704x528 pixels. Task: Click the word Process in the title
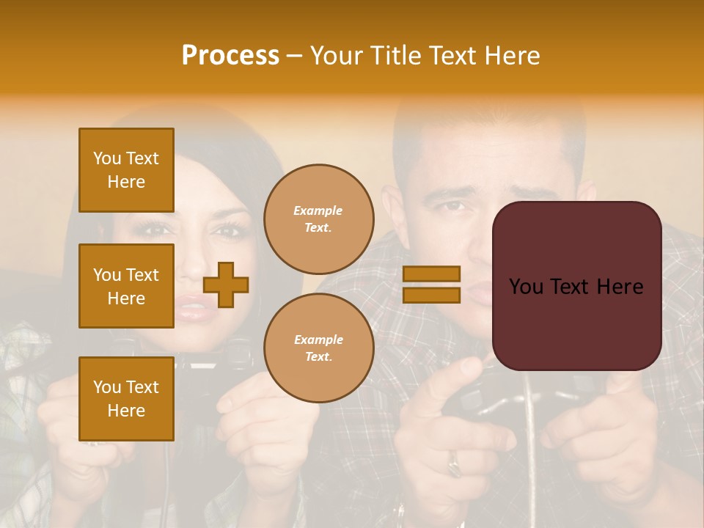coord(230,56)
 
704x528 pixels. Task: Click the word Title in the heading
coord(397,56)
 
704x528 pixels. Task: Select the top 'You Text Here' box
coord(126,170)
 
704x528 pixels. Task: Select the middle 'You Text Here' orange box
coord(126,286)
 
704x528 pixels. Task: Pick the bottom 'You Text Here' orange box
coord(126,399)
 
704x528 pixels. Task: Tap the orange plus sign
coord(226,285)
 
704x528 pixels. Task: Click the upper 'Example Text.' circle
coord(318,219)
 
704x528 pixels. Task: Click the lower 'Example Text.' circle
coord(318,348)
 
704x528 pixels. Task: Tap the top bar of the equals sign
coord(431,274)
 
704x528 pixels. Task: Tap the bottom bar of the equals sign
coord(431,295)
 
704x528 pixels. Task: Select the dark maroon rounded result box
coord(576,286)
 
